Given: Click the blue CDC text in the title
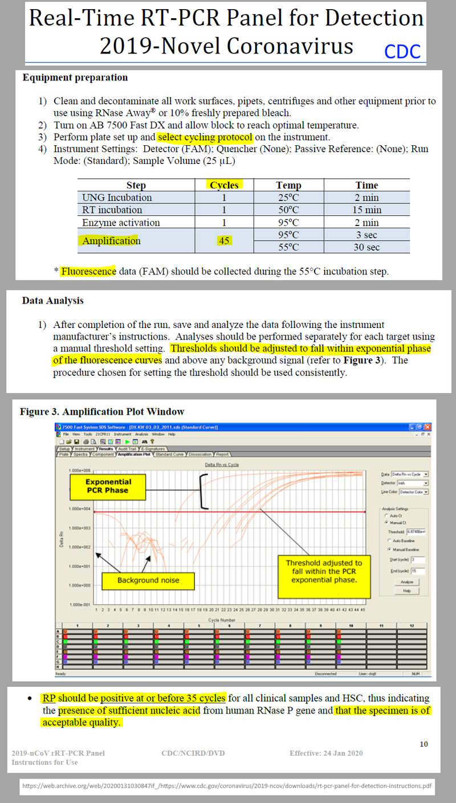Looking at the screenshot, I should [x=402, y=51].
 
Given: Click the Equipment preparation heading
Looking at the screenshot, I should [x=75, y=77].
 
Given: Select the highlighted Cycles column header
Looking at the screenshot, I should [x=224, y=185].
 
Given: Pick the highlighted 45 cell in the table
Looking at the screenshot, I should [x=224, y=241].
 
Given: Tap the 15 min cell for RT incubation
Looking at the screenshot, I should [x=366, y=210].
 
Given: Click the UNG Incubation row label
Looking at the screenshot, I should [x=117, y=198].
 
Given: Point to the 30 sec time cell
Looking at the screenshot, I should [x=366, y=247].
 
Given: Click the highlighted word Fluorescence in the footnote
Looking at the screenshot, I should [x=88, y=271].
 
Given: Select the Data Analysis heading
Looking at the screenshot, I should [x=53, y=300].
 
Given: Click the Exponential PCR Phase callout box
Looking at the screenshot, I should [x=108, y=485].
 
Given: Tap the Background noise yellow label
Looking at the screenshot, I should [x=148, y=580].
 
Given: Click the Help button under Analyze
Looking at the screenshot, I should [x=406, y=591].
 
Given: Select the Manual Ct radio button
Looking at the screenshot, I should [x=387, y=522].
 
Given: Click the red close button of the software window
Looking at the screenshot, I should [x=427, y=427].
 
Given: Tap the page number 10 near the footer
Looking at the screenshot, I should [x=424, y=744].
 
